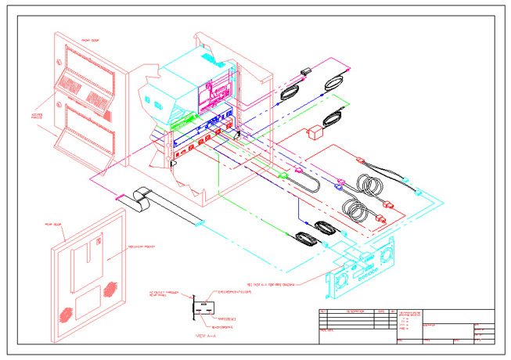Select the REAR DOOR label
(x=54, y=225)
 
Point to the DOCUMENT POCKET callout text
(x=142, y=247)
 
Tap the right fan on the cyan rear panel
(x=387, y=257)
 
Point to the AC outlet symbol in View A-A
(x=205, y=307)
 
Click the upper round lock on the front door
(x=58, y=62)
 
